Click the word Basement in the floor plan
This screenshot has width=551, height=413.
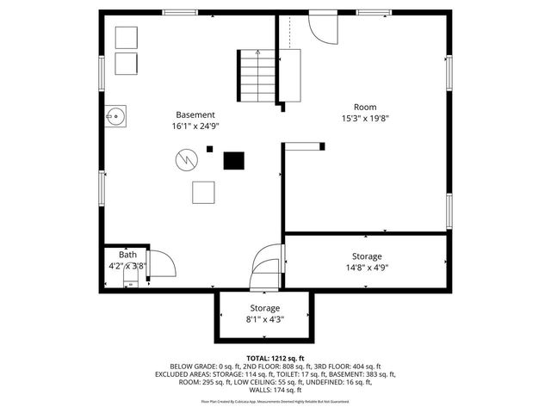tap(195, 114)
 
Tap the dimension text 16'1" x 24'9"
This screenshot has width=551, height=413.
tap(195, 126)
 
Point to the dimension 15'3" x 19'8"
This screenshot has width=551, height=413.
tap(366, 119)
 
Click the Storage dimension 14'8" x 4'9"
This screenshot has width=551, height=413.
tap(366, 267)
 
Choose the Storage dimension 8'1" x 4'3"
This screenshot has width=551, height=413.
tap(264, 319)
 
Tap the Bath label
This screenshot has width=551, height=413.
tap(127, 255)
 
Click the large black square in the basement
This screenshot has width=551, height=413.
tap(233, 160)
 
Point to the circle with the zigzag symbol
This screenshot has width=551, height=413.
tap(186, 160)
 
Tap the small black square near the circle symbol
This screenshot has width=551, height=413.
tap(208, 149)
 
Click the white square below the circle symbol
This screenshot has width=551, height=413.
tap(203, 193)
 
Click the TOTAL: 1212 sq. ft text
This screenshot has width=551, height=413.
tap(275, 358)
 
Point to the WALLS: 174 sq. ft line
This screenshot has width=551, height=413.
tap(275, 391)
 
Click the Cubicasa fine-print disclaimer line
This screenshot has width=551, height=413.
tap(275, 401)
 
